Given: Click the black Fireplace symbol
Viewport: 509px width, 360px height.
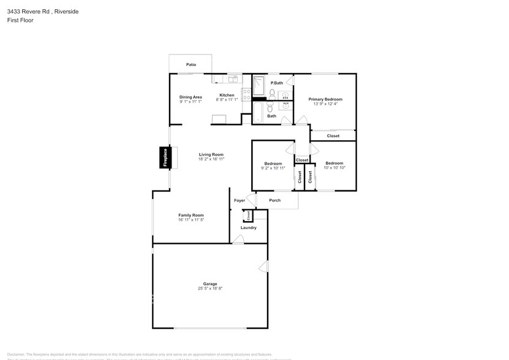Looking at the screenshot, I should tap(164, 157).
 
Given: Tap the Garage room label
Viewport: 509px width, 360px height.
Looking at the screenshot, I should tap(210, 283).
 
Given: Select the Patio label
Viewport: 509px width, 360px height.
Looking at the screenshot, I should tap(191, 64).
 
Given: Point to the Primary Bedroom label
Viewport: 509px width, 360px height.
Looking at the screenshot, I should tap(325, 99).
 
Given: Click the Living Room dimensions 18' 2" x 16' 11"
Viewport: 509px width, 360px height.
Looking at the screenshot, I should tap(211, 159).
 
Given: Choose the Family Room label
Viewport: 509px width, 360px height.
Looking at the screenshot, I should tap(190, 215).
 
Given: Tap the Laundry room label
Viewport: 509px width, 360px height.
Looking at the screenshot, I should tap(248, 228).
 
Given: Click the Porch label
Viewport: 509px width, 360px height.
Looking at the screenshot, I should tap(275, 200).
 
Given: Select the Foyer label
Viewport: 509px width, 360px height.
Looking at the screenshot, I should tap(239, 200).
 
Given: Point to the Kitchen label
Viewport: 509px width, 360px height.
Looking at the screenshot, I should tap(227, 95).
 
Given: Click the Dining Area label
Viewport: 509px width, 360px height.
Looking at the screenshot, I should tap(190, 97).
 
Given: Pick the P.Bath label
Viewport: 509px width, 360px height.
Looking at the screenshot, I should tap(277, 83).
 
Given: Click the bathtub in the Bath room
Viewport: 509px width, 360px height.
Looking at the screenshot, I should tap(258, 113).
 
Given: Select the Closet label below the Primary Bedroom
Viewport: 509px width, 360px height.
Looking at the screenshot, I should tap(333, 136).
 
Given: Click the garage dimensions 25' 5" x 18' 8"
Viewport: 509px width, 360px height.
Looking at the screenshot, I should tap(210, 288).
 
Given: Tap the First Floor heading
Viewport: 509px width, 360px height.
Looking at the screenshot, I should tap(21, 20).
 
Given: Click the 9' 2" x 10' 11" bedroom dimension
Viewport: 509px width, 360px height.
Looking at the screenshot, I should tap(273, 168).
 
